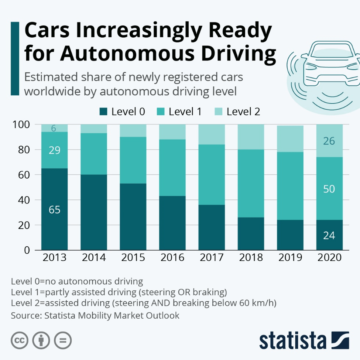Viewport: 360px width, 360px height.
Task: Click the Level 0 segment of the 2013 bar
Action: point(54,192)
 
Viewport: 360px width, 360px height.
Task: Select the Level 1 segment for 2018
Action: point(250,184)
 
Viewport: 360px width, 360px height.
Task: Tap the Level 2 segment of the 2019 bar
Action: point(290,139)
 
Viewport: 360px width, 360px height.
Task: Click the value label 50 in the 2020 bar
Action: point(329,189)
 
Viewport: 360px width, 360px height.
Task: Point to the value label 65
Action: point(54,210)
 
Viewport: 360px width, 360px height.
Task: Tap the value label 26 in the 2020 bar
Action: point(329,141)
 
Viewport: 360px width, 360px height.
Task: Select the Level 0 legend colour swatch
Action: point(103,112)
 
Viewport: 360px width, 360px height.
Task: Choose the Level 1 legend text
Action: point(185,112)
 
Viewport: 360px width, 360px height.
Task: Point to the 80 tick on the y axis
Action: point(26,150)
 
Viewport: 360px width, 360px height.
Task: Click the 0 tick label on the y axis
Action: point(27,250)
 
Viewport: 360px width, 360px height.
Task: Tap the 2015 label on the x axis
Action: point(133,257)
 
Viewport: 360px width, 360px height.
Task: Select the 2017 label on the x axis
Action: point(211,257)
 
